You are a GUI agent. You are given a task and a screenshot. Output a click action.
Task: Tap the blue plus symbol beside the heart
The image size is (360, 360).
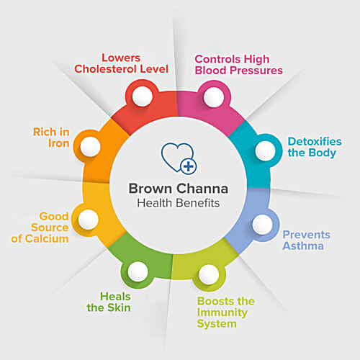189,166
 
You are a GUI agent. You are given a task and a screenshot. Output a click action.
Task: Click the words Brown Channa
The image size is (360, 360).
179,189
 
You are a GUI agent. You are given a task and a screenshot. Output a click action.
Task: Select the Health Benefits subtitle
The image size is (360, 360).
179,203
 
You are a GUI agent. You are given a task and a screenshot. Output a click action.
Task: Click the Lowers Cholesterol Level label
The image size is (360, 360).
121,63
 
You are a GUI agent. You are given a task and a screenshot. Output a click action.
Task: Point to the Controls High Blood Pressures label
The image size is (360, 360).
239,65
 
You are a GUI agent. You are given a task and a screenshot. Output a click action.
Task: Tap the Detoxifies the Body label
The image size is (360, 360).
315,148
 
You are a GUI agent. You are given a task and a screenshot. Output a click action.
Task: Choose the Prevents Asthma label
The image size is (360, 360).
307,240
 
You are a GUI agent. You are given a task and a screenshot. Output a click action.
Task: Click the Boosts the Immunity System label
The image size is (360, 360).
226,312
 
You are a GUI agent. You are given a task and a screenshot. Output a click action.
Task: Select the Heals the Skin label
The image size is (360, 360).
109,302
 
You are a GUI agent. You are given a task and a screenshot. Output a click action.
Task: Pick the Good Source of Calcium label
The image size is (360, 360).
40,228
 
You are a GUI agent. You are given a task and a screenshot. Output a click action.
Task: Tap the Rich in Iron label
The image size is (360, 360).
51,138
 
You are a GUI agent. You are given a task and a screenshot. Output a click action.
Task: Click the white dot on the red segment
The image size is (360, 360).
142,96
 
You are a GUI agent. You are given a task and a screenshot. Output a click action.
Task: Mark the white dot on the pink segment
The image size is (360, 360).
214,97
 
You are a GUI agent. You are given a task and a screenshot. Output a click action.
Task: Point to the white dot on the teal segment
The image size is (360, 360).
266,150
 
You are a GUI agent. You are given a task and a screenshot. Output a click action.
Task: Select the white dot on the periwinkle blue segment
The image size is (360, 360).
263,225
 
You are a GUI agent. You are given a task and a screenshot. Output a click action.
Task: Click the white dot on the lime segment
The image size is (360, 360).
209,274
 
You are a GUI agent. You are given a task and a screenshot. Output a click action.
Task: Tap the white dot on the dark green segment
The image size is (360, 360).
138,271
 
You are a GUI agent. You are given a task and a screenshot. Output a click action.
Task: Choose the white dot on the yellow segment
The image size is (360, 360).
89,220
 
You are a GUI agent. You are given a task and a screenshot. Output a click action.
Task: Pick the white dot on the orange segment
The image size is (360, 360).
90,147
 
